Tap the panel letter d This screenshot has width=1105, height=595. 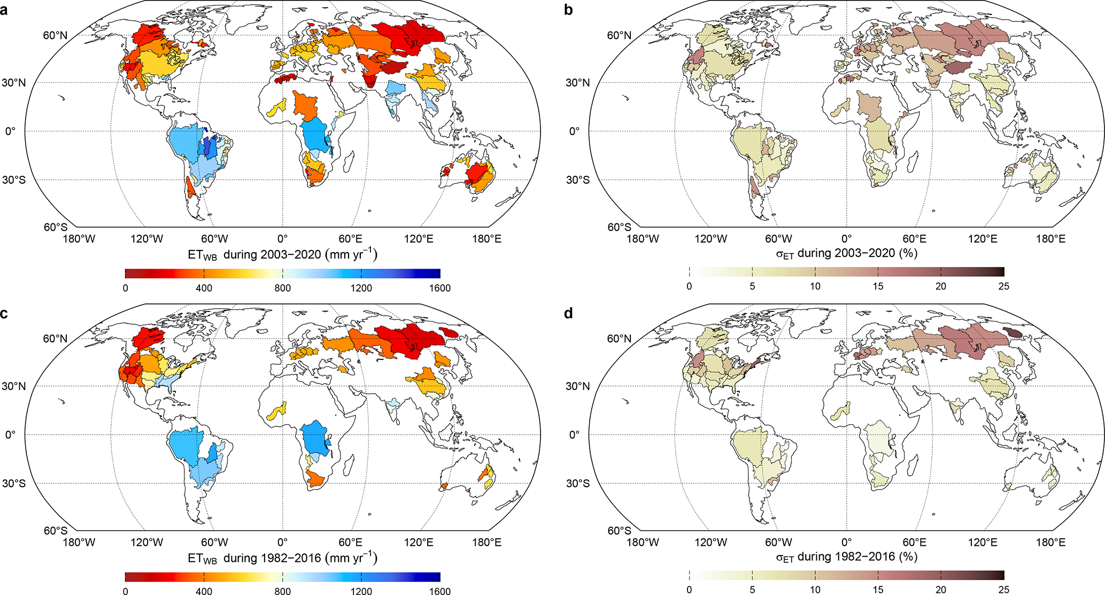click(x=568, y=312)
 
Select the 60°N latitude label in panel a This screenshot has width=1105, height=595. click(x=55, y=35)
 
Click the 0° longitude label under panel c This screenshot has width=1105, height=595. click(x=282, y=542)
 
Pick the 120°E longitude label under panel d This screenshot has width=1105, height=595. click(x=983, y=542)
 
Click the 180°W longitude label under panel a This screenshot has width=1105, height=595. click(x=80, y=239)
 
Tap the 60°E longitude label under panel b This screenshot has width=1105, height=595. click(x=915, y=239)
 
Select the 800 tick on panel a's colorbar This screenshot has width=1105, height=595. click(x=282, y=288)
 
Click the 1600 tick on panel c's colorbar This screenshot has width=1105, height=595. click(x=440, y=591)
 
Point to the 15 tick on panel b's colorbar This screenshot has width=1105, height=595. click(x=878, y=286)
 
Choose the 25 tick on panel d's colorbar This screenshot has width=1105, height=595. click(x=1004, y=590)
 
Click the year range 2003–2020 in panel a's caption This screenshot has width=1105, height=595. click(x=291, y=255)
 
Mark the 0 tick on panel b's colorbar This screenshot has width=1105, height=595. click(x=689, y=286)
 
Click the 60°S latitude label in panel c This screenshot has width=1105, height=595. click(x=55, y=531)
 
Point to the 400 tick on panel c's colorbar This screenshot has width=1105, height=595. click(x=204, y=591)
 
